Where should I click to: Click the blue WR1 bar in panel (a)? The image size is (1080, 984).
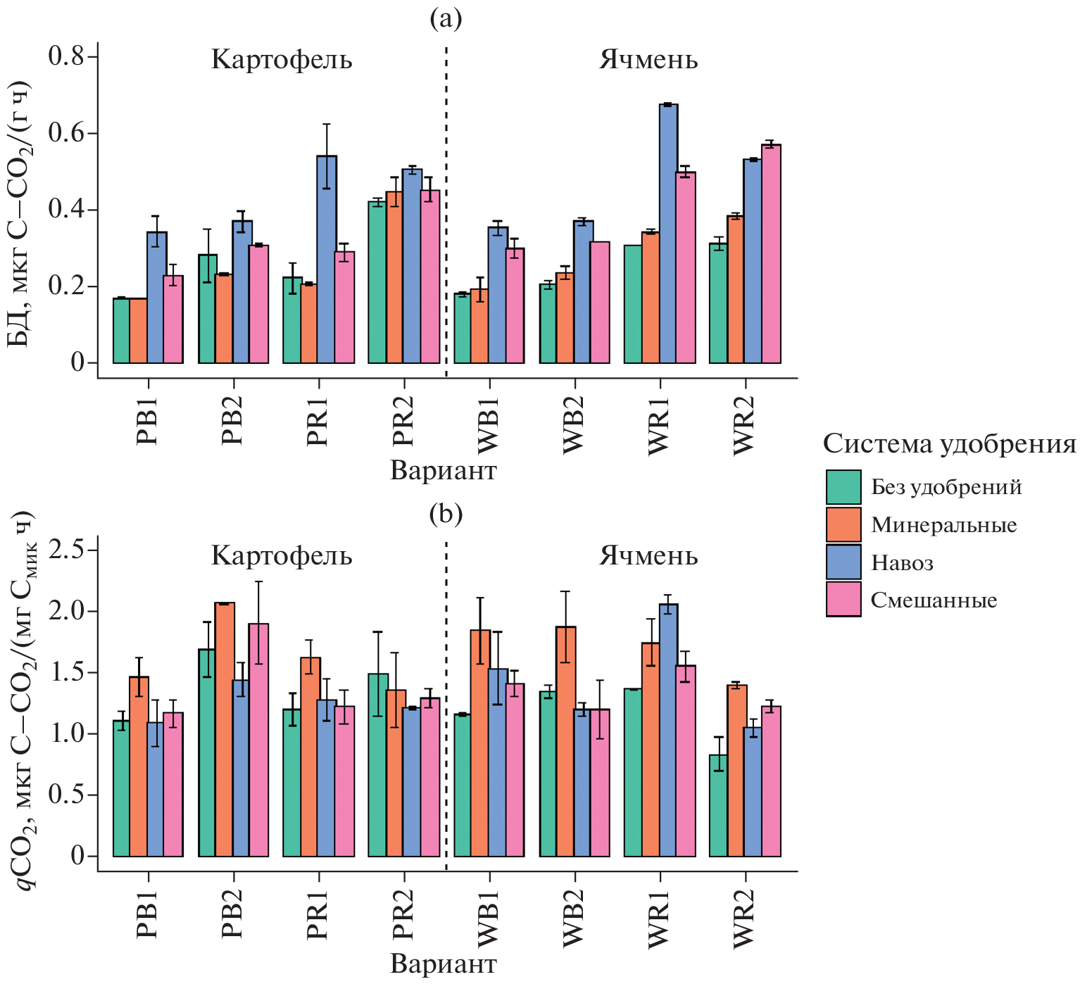668,234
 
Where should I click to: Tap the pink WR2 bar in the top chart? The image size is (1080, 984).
771,253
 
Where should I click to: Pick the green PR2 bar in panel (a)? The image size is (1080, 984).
377,282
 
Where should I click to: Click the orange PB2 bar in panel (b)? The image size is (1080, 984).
225,729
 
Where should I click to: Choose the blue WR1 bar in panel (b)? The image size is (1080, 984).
668,730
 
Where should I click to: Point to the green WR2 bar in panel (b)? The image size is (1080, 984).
718,805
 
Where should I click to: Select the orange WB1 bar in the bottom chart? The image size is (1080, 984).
480,743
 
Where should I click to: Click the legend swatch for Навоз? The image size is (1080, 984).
843,562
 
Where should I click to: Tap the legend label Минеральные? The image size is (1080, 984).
943,525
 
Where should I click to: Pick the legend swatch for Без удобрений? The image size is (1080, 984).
843,487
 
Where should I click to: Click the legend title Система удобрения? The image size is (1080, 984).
949,444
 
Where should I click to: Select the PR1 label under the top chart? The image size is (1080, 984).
318,421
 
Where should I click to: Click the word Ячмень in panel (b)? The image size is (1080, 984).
648,556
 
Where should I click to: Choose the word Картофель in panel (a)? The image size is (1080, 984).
282,60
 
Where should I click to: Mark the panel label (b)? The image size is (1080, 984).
446,515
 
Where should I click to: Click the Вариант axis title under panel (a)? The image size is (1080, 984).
444,471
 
